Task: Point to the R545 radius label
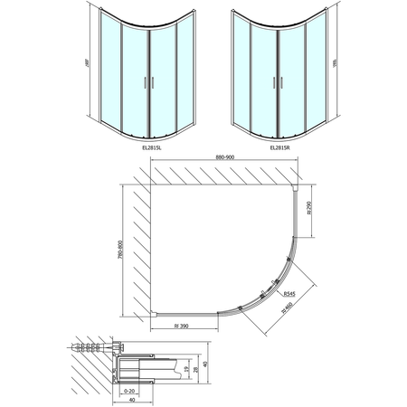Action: pyautogui.click(x=289, y=295)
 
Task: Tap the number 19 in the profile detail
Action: pyautogui.click(x=185, y=370)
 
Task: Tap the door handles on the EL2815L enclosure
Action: pyautogui.click(x=147, y=83)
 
